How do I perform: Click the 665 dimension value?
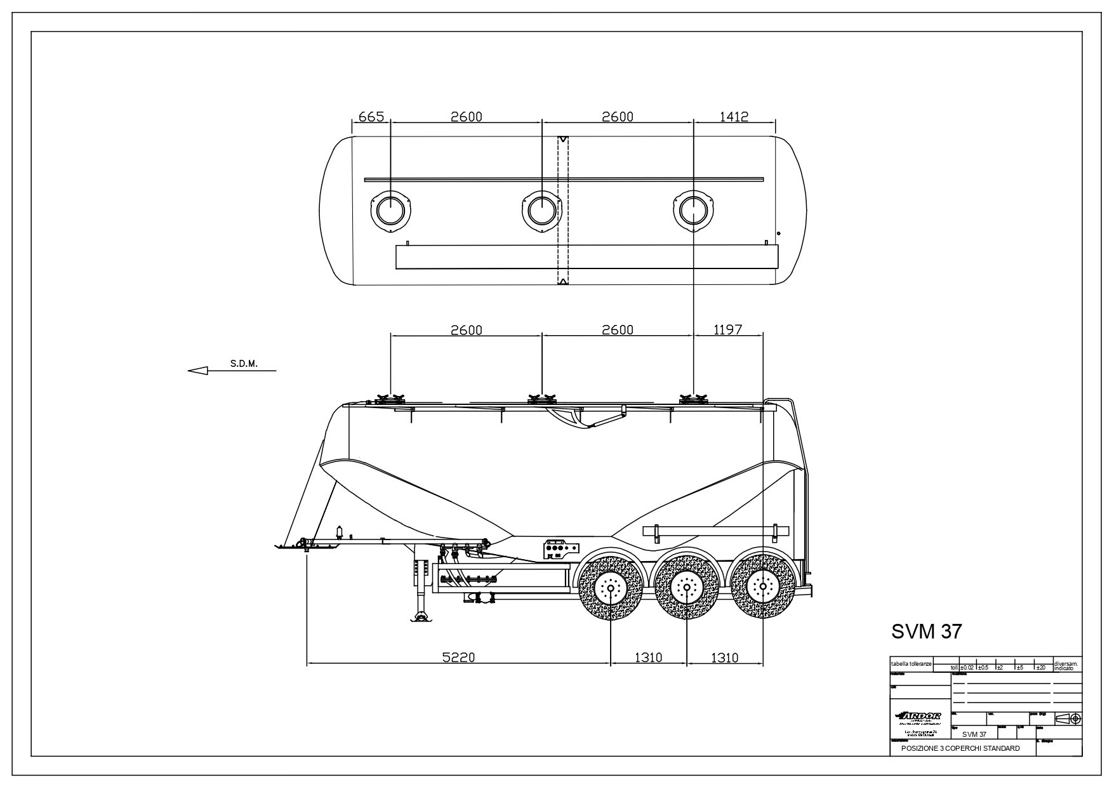pos(371,117)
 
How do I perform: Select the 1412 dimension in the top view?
pos(734,117)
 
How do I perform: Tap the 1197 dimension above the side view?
pos(728,330)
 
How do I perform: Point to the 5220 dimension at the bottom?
pos(458,658)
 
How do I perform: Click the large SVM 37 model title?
pos(927,632)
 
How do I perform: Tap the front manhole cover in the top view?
pos(390,209)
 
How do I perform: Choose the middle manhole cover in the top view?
pos(541,209)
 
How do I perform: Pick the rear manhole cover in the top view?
pos(693,209)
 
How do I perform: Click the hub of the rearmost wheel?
pos(763,588)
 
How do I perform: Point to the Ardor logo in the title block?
pos(920,717)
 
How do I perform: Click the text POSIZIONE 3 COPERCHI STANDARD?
pos(960,749)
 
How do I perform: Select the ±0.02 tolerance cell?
pos(967,667)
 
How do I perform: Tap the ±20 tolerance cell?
pos(1040,667)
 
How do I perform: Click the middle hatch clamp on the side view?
pos(541,399)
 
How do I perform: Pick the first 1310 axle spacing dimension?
pos(648,658)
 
